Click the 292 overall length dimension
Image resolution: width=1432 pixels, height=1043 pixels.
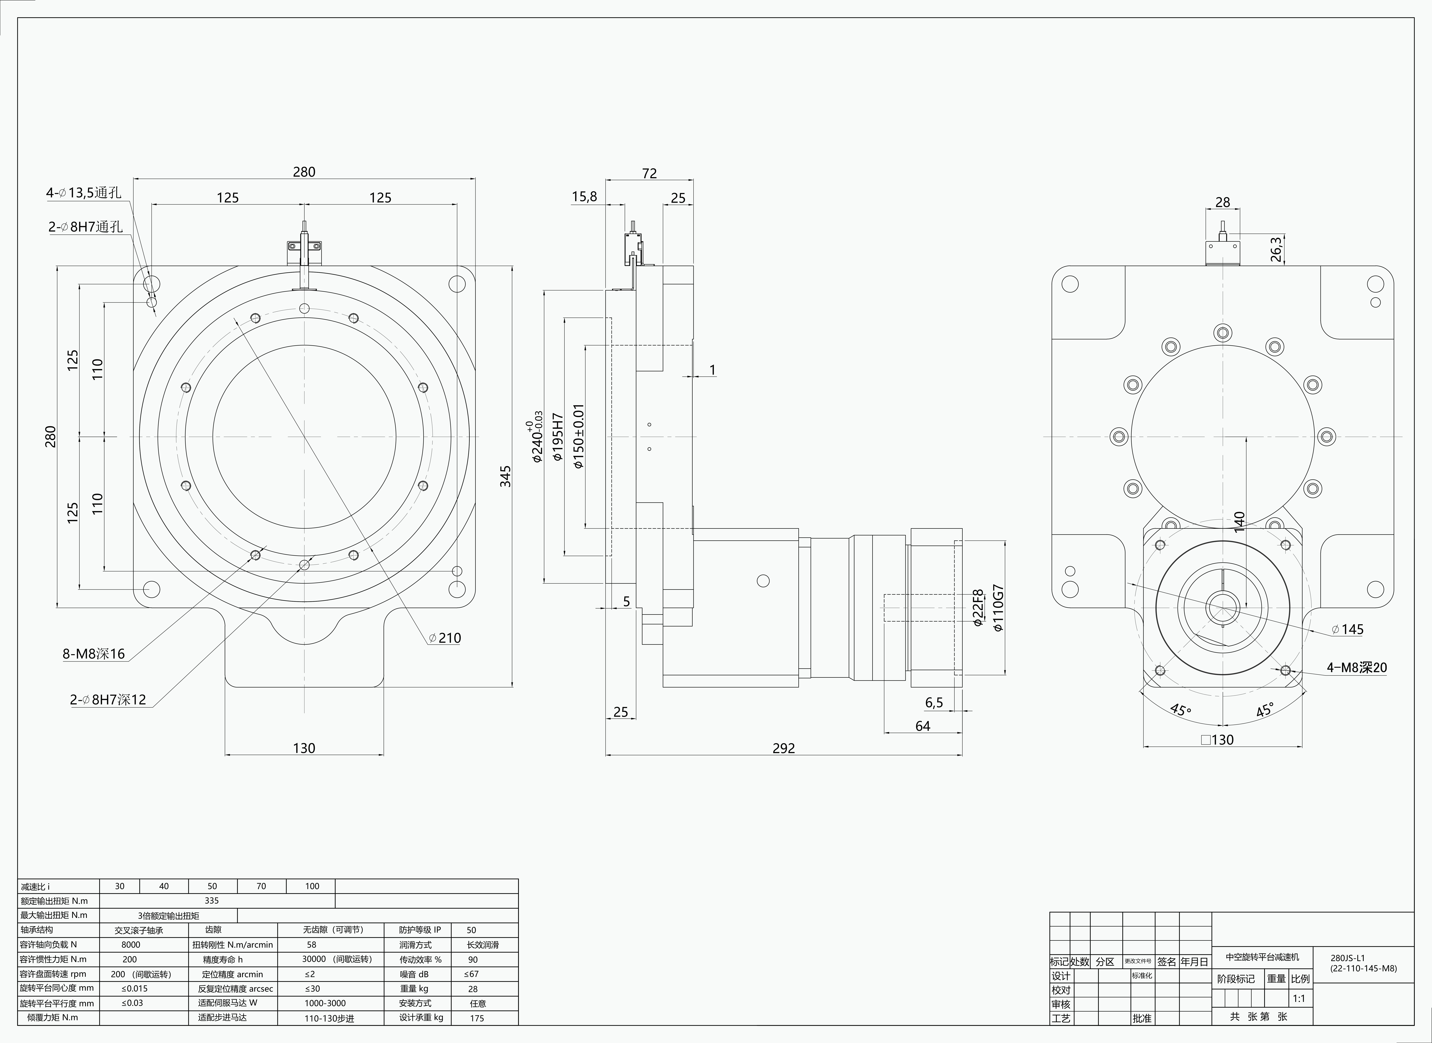tap(784, 748)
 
